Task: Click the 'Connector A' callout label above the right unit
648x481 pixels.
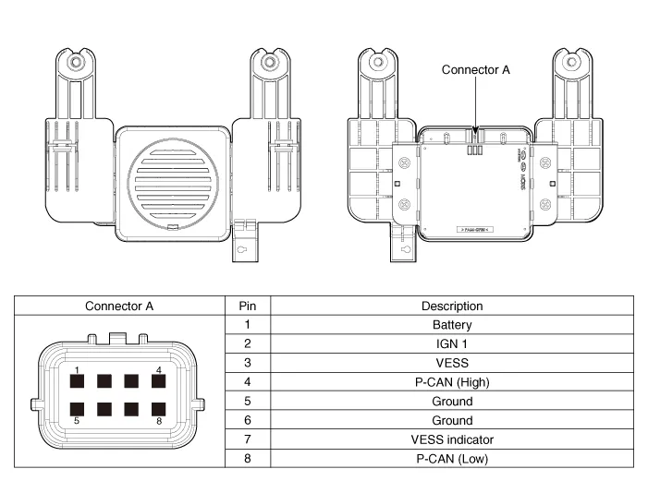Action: [x=475, y=70]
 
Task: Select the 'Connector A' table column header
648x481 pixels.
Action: [x=119, y=306]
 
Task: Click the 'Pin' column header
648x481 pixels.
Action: [x=247, y=306]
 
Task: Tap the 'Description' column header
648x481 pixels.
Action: [x=452, y=306]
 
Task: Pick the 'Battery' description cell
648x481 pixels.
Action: [x=452, y=325]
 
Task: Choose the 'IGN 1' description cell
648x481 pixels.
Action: [x=452, y=343]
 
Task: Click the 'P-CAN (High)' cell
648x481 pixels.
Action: [x=452, y=382]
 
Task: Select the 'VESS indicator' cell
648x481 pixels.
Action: [x=452, y=439]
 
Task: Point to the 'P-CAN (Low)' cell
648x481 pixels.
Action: [x=452, y=458]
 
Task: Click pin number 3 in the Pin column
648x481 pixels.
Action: [x=247, y=363]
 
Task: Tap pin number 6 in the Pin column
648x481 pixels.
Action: [x=247, y=420]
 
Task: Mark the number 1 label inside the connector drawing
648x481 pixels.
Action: [x=79, y=370]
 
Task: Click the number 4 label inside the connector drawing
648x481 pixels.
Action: [x=159, y=370]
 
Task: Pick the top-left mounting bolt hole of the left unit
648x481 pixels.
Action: [x=75, y=63]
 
